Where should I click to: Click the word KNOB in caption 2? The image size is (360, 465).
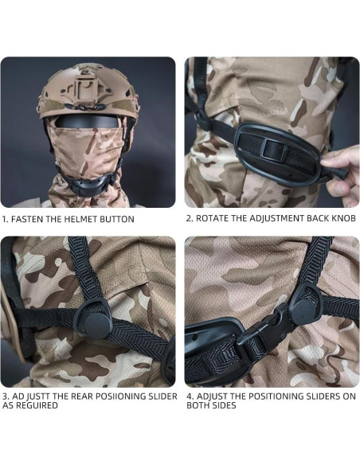335,218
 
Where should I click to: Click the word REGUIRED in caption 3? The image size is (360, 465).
40,405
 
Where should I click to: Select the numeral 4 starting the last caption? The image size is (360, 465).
189,396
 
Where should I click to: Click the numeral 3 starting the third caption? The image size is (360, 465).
5,396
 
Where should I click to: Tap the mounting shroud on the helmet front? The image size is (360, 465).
88,88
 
